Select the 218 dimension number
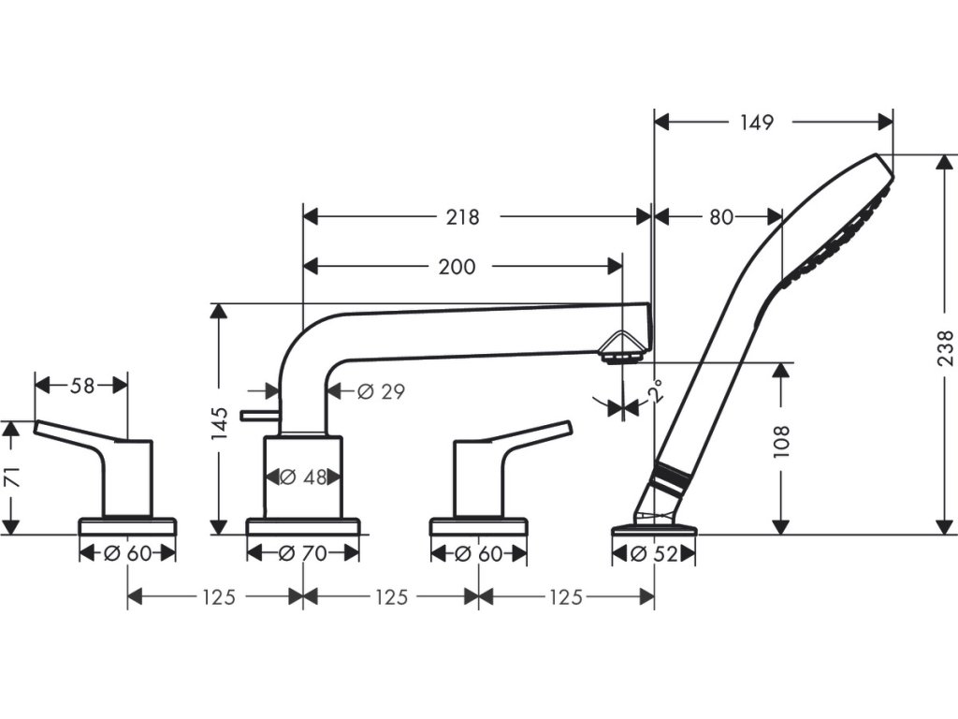[462, 217]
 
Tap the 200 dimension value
[457, 267]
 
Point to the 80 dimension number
[720, 217]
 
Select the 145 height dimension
[220, 423]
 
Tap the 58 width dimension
[83, 385]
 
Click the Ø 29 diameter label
[381, 391]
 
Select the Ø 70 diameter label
[303, 553]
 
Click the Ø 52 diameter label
[653, 553]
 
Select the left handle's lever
[75, 433]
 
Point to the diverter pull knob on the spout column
[254, 415]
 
